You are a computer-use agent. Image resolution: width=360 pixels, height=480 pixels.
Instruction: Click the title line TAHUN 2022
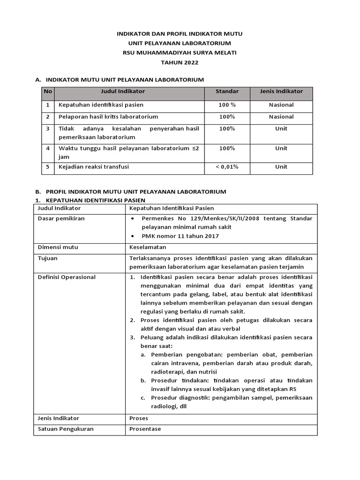180,62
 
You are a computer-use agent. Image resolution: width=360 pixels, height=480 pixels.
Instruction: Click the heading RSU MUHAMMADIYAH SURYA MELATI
180,53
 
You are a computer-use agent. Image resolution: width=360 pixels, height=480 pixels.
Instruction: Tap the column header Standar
227,91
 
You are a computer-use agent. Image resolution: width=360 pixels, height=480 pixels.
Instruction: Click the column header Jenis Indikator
281,91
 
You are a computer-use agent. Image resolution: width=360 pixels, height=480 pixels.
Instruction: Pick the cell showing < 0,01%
227,167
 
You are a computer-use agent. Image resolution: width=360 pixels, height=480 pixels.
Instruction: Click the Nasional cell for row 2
281,117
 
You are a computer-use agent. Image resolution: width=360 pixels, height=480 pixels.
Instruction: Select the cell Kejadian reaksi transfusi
93,167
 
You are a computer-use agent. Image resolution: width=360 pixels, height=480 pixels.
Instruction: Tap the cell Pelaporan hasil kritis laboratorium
108,117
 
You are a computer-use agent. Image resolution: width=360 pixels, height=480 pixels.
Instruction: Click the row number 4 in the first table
47,149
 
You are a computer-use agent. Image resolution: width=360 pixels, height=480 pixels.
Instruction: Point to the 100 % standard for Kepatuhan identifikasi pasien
227,105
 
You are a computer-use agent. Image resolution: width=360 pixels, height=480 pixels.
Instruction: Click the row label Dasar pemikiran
61,219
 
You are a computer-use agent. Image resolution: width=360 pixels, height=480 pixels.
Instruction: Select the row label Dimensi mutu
58,247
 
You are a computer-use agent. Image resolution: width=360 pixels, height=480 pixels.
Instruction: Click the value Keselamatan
148,247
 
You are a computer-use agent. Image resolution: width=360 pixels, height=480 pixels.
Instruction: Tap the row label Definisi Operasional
66,277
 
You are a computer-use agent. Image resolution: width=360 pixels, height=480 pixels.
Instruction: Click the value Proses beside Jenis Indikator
139,418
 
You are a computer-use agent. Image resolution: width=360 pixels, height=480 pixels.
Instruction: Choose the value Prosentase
145,429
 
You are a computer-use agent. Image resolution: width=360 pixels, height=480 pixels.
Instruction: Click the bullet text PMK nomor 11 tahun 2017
180,236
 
